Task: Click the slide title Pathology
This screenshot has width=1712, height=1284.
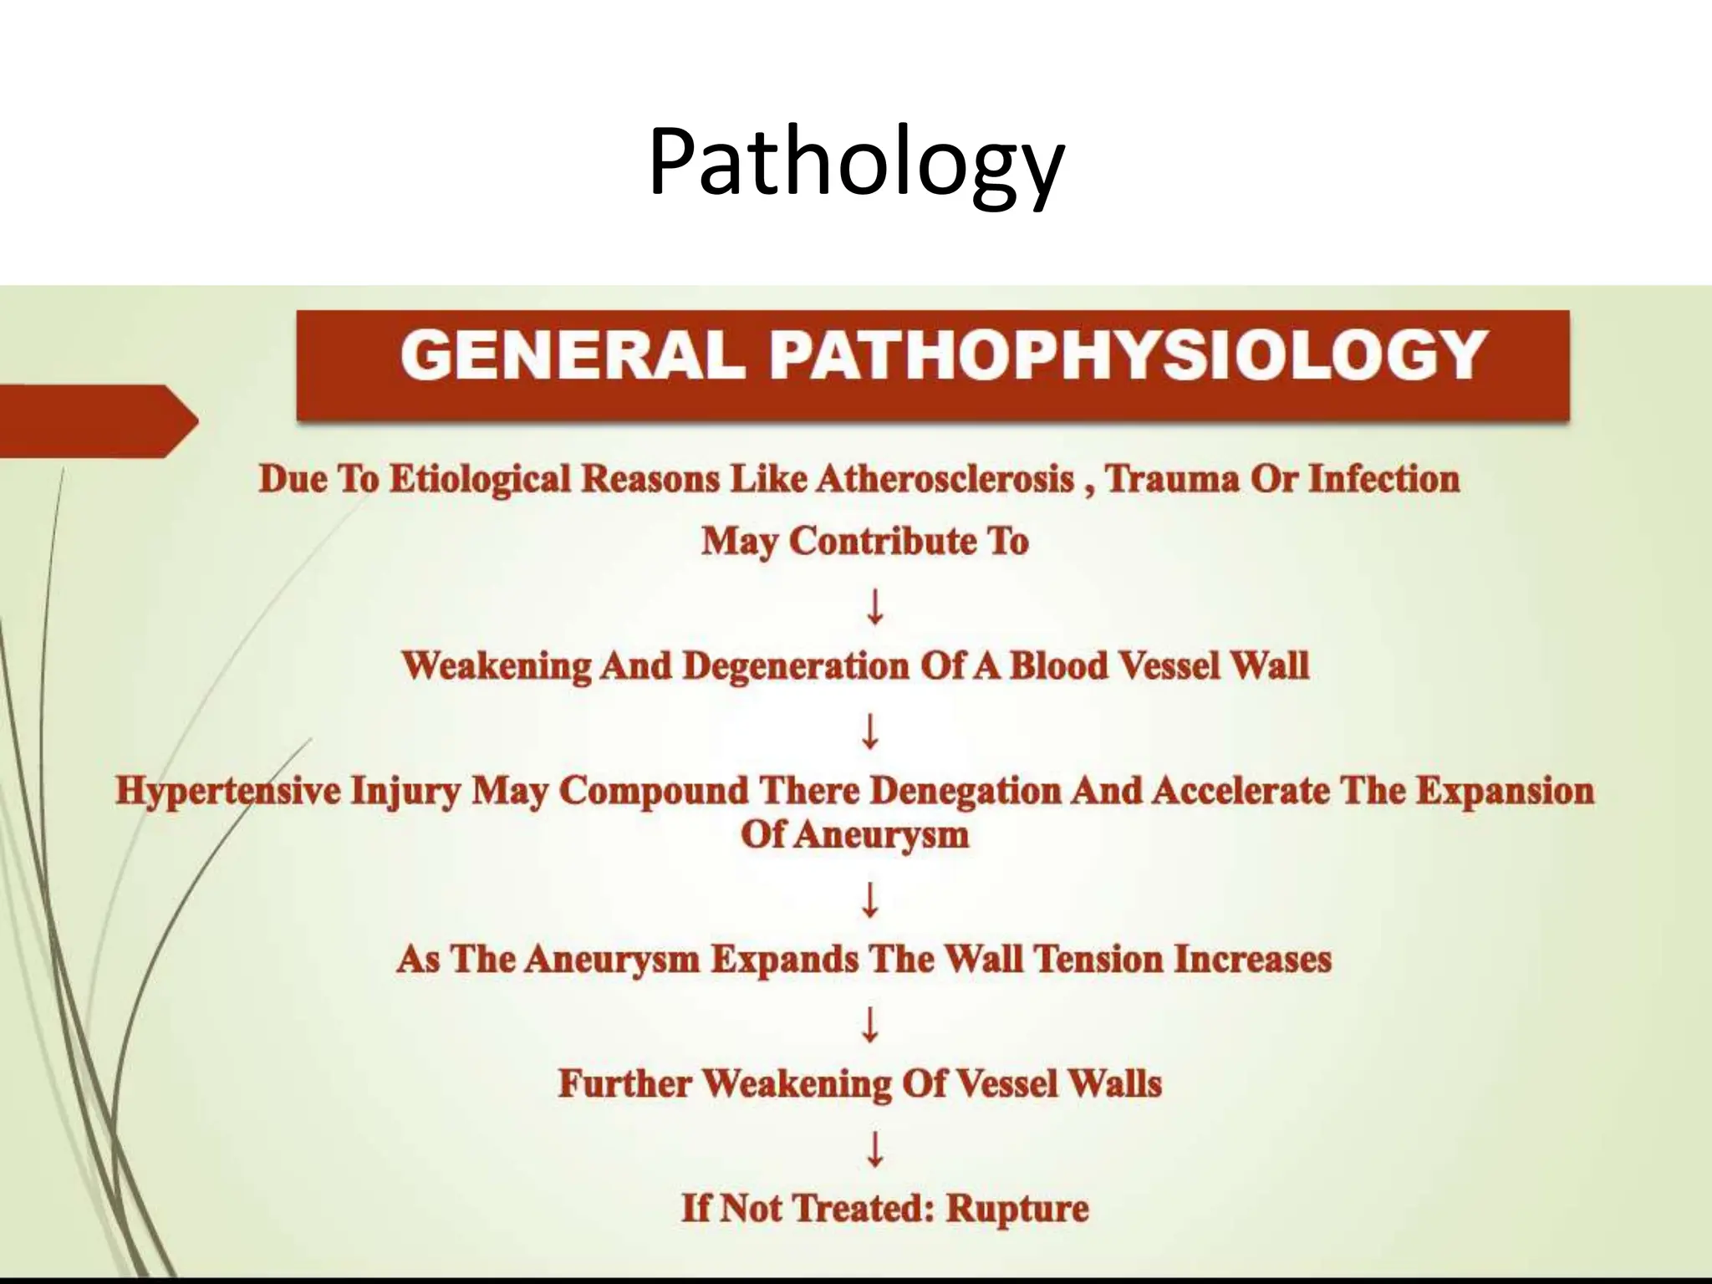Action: (x=855, y=163)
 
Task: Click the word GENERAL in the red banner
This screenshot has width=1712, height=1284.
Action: (x=573, y=356)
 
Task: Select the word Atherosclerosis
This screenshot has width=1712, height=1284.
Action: (x=945, y=479)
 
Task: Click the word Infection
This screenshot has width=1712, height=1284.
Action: (x=1383, y=479)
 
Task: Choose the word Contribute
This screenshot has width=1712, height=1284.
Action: (x=881, y=541)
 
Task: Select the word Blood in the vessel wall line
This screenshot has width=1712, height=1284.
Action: (x=1058, y=666)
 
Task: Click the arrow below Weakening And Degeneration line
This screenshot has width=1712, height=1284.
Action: (x=870, y=731)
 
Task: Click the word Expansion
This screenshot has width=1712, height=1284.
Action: (x=1505, y=791)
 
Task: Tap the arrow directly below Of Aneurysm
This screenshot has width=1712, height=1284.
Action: (x=870, y=899)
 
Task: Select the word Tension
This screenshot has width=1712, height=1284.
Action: (x=1099, y=959)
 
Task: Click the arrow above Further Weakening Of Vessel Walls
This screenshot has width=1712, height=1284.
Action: (x=870, y=1023)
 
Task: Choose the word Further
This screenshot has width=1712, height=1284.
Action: (x=624, y=1083)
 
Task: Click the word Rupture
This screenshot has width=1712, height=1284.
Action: (x=1016, y=1209)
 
